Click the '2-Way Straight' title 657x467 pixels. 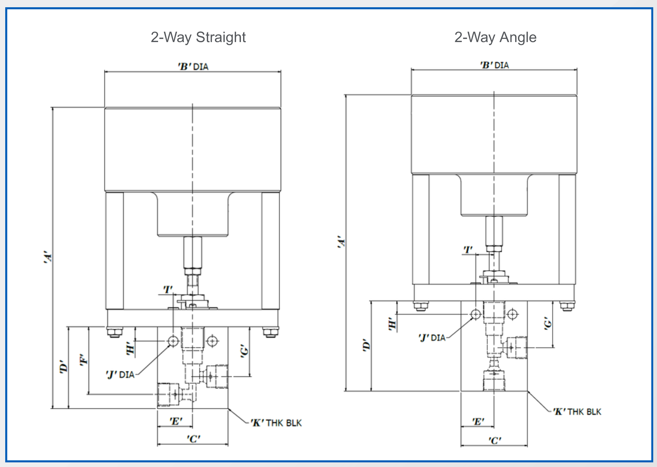[x=198, y=38]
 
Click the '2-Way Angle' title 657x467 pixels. [x=495, y=38]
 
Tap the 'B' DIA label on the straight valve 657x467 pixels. [x=193, y=66]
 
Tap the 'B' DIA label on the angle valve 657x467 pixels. [x=494, y=65]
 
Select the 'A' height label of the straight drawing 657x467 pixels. [x=48, y=257]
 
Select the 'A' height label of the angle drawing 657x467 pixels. [x=341, y=242]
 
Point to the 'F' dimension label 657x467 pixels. [x=83, y=360]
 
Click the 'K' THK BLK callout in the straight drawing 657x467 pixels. [x=276, y=423]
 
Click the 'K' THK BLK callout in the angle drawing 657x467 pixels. [x=577, y=412]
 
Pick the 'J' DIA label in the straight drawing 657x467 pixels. [x=120, y=374]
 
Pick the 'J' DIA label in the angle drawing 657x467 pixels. [x=432, y=338]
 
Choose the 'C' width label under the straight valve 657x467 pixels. [x=193, y=439]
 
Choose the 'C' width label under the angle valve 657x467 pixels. [x=495, y=441]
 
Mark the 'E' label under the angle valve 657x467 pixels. [x=478, y=421]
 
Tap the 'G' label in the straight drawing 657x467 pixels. [x=245, y=351]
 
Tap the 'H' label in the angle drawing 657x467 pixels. [x=392, y=324]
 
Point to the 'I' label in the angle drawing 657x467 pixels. [x=468, y=250]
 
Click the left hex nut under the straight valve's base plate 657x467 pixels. [x=115, y=332]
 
